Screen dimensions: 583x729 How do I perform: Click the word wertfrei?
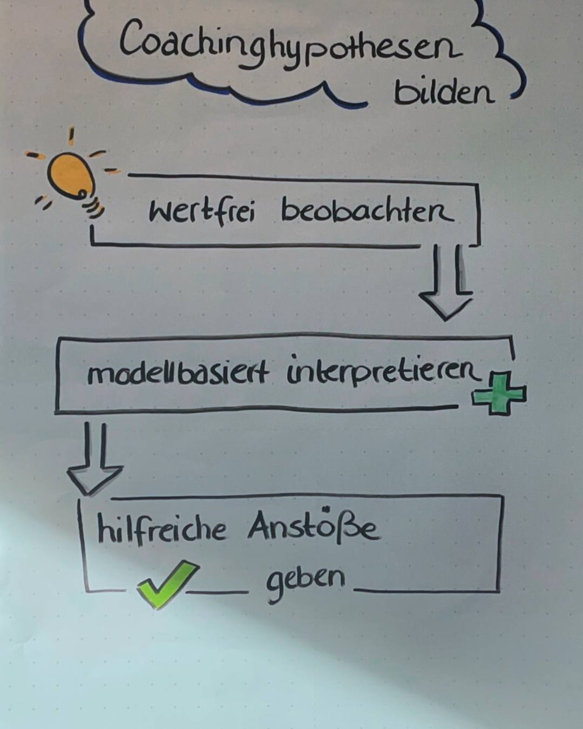coord(201,211)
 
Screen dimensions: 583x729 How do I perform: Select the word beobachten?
coord(367,211)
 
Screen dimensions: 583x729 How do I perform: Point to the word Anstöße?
coord(313,526)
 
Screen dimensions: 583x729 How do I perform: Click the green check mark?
coord(166,583)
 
